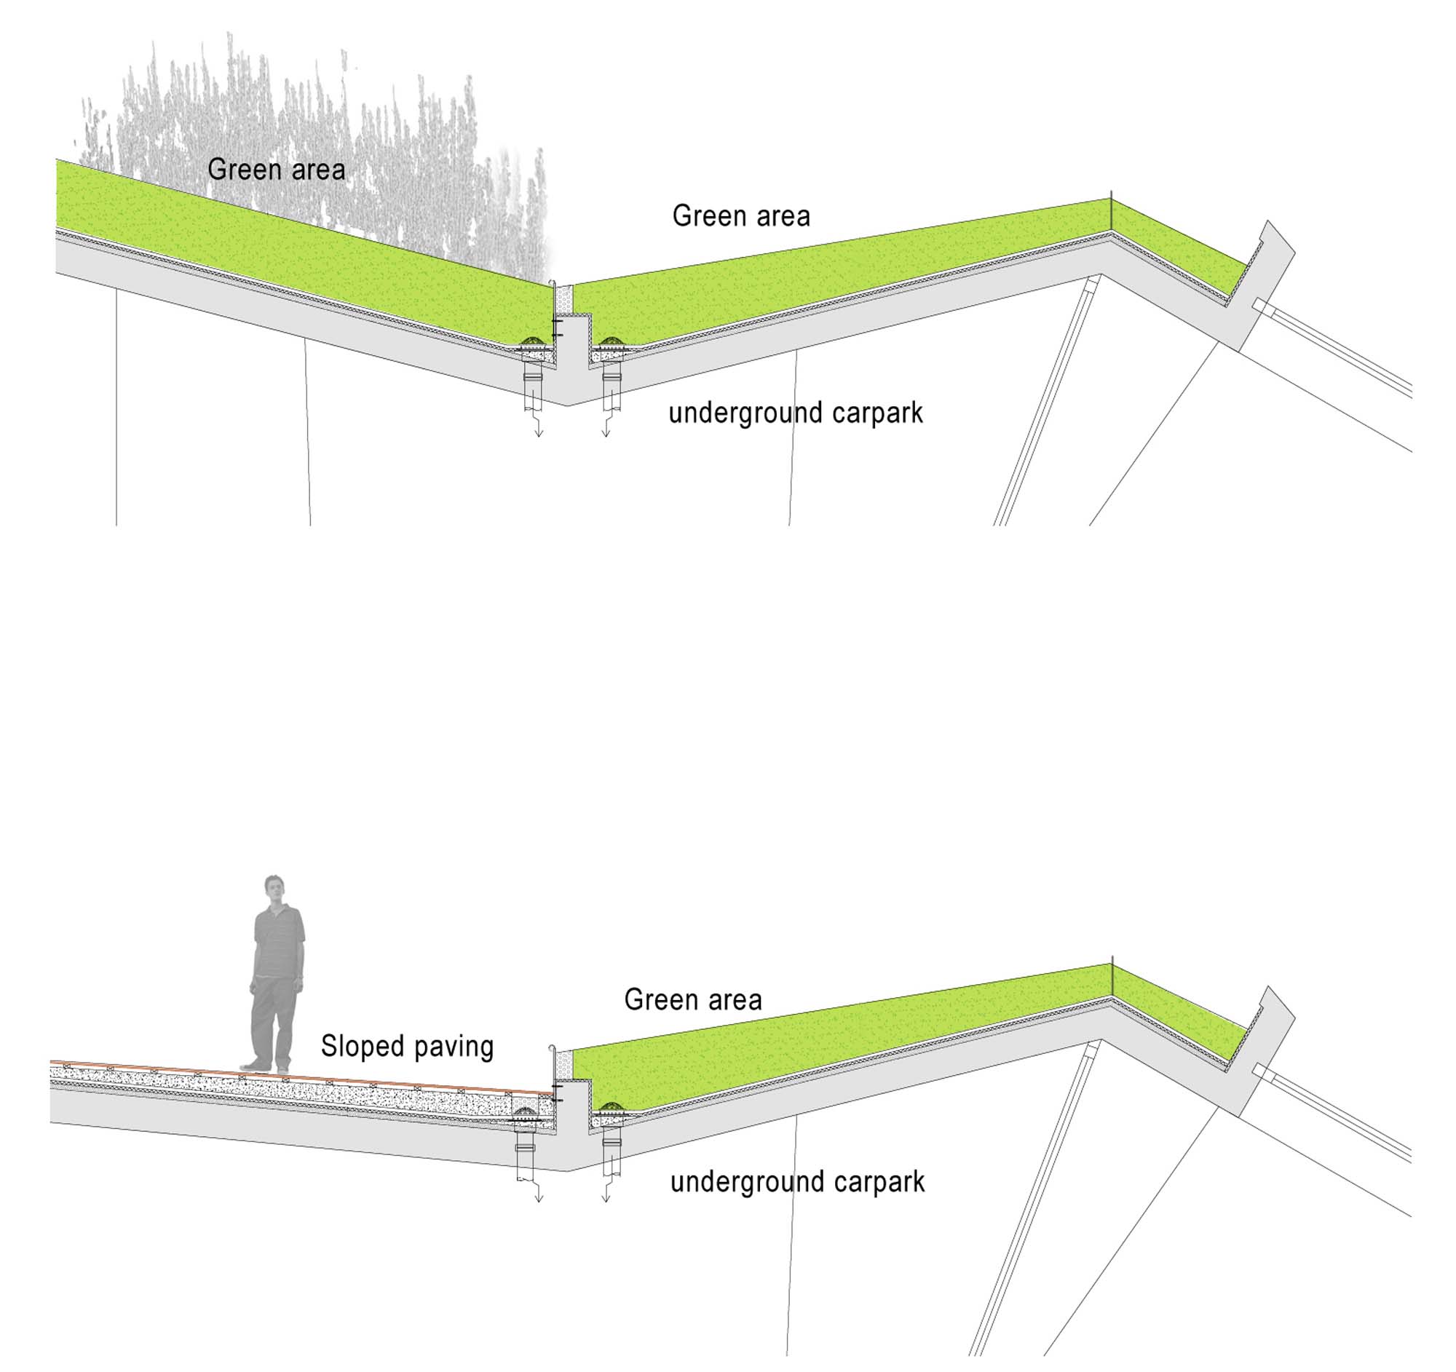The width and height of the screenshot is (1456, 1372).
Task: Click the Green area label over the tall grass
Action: [x=276, y=169]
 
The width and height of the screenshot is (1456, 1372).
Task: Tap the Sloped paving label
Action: [x=406, y=1046]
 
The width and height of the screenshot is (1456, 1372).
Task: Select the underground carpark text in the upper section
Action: [x=796, y=413]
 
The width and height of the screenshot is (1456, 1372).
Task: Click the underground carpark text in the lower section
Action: [x=797, y=1181]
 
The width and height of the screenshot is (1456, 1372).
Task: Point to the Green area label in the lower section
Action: [x=692, y=999]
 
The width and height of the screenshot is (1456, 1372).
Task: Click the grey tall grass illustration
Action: [x=330, y=110]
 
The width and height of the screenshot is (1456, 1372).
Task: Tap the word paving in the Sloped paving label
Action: [x=454, y=1046]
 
